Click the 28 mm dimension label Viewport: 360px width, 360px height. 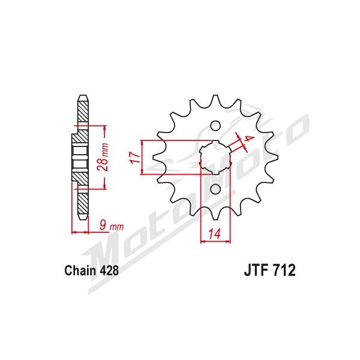coord(103,157)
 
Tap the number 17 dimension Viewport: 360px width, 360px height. coord(135,157)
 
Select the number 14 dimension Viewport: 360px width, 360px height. coord(214,234)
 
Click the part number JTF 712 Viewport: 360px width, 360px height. coord(269,270)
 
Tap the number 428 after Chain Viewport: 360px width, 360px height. coord(109,271)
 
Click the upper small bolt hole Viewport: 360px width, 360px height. coord(215,126)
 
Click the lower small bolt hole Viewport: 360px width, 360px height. coord(215,189)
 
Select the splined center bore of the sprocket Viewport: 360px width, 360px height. coord(215,157)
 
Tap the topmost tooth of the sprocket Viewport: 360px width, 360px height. coord(215,101)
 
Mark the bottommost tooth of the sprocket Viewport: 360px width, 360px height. coord(215,214)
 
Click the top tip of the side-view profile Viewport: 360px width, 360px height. coord(83,95)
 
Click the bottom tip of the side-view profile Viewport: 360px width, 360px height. coord(83,220)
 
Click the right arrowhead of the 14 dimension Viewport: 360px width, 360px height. coord(228,241)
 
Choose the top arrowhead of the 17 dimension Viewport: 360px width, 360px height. coord(142,143)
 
